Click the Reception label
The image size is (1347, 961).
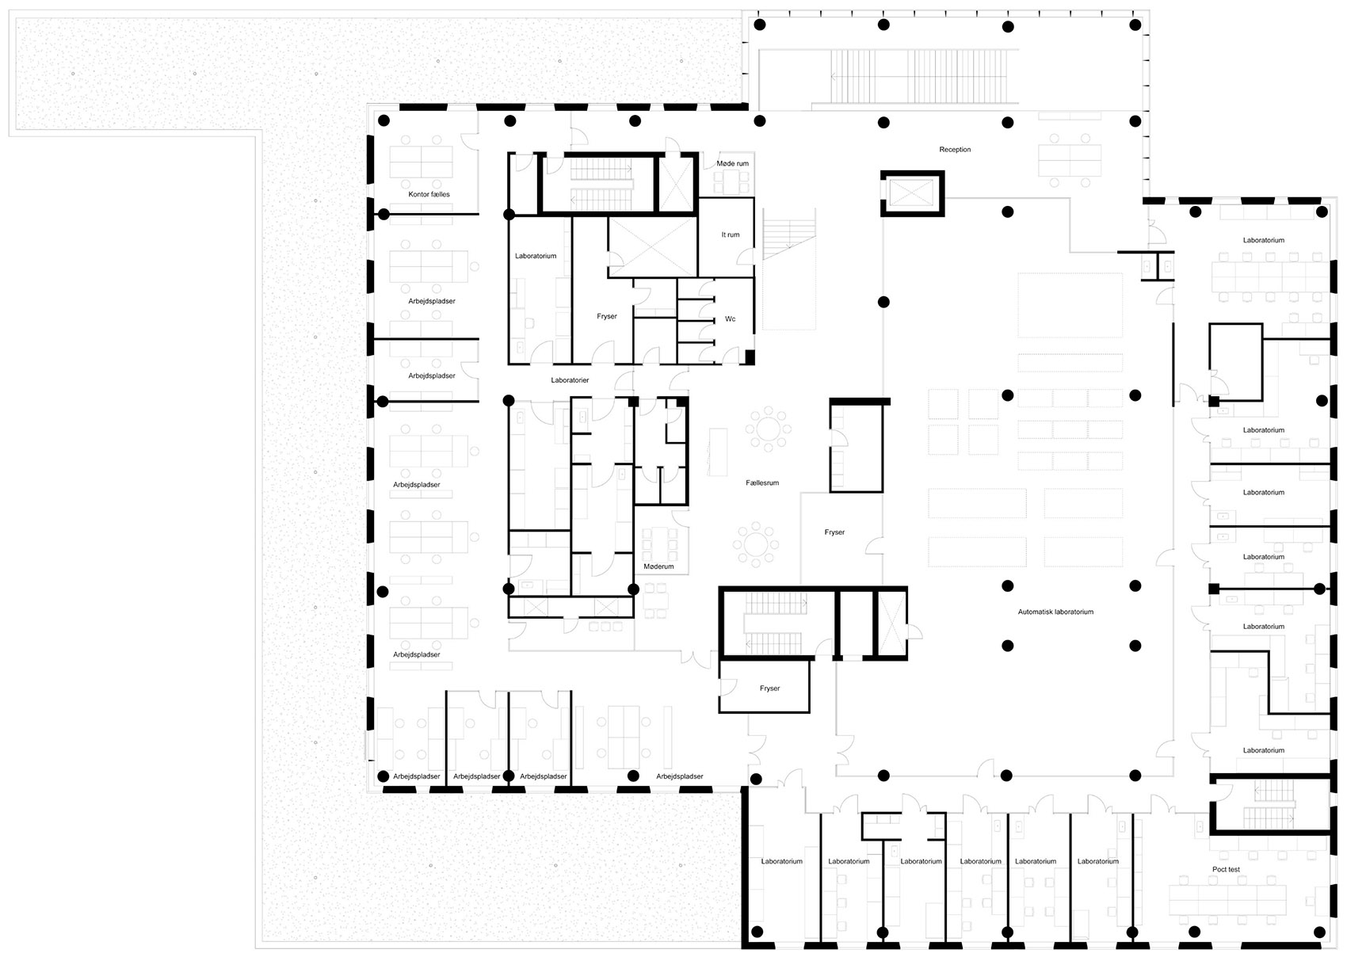955,150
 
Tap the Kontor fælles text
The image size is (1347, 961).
429,194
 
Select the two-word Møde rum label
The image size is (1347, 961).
732,163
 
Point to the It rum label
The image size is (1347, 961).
730,235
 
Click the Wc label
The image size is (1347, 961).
730,318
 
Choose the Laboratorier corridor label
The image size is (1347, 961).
570,380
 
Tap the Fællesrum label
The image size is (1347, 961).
762,483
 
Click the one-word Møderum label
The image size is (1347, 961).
658,566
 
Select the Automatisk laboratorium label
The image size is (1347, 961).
1055,612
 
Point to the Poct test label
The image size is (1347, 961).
1226,870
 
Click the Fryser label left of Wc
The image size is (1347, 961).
607,316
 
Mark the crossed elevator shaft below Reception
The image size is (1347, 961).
912,193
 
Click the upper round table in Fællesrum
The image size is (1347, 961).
768,429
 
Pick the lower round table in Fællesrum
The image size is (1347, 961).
756,545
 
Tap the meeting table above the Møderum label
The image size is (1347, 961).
659,544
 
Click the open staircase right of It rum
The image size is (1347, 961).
788,235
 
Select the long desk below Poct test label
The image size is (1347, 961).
1227,899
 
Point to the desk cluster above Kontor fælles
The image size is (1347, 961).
421,162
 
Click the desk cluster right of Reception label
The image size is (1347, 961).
1070,160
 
